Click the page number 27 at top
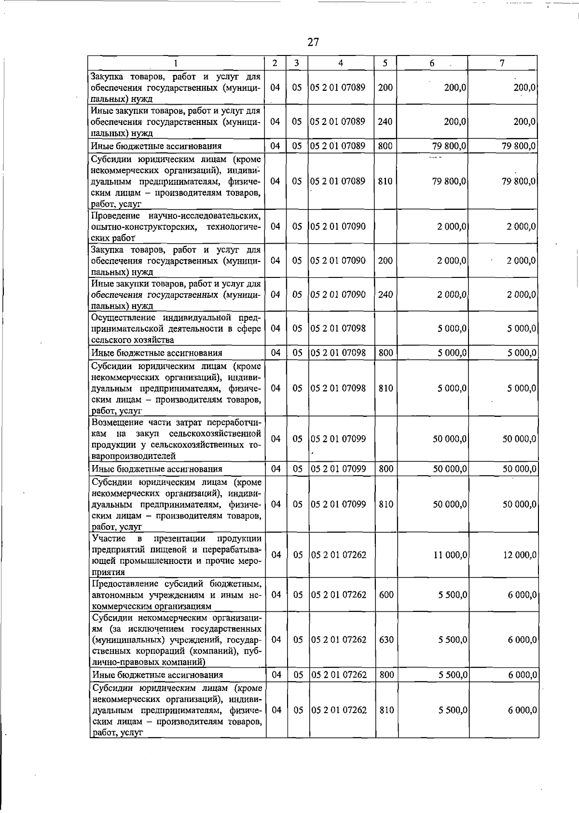point(313,42)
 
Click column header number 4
point(341,63)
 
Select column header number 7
point(502,63)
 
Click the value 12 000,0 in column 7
point(520,555)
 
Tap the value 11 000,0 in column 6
point(450,555)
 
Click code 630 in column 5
point(386,640)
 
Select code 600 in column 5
point(386,595)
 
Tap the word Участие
point(109,538)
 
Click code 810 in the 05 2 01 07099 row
point(386,504)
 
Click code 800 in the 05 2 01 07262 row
point(386,675)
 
